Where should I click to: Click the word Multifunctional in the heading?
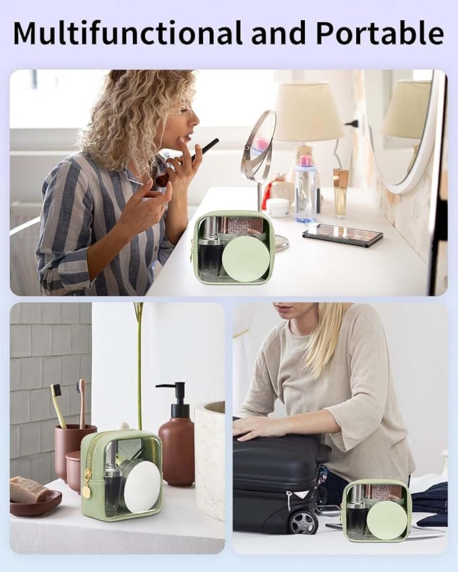point(127,33)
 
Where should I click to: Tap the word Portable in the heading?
point(380,33)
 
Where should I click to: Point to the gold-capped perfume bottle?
point(340,193)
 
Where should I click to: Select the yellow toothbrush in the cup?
point(59,405)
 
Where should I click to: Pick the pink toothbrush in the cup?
point(82,403)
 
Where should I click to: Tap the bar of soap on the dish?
point(28,489)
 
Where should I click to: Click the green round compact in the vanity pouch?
point(246,258)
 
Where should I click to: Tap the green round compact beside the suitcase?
point(387,519)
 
